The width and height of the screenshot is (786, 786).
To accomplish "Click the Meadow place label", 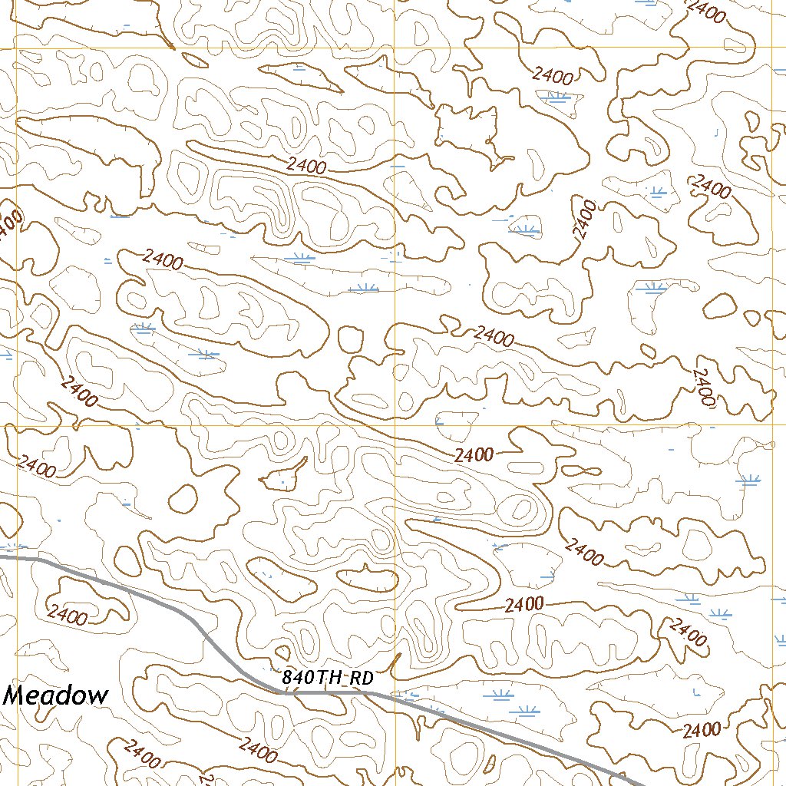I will tap(56, 696).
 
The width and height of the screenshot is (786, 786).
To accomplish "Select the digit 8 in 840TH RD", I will tap(287, 679).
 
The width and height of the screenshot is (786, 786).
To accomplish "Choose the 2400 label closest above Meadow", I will tap(67, 614).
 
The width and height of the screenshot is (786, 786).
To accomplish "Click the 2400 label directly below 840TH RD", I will tap(257, 748).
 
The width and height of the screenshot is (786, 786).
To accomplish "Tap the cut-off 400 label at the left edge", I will tap(9, 225).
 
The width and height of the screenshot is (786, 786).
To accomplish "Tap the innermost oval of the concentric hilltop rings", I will tap(521, 507).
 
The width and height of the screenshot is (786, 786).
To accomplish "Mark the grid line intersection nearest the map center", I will tap(396, 424).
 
